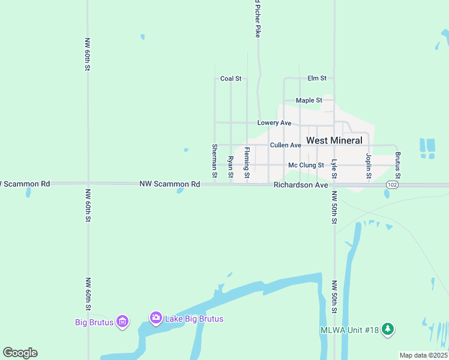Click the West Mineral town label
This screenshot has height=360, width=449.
[x=334, y=140]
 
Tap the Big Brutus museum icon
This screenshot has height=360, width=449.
[x=123, y=322]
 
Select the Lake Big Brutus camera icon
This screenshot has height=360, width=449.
[x=155, y=318]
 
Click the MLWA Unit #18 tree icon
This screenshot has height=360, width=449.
[x=388, y=329]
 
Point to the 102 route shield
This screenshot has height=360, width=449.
[x=392, y=185]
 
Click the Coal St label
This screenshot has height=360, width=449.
[x=231, y=79]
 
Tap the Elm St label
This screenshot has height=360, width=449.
[x=317, y=79]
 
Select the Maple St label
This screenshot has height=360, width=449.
[x=309, y=100]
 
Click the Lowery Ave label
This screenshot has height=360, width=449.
[x=274, y=123]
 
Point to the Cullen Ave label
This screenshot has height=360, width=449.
[x=285, y=145]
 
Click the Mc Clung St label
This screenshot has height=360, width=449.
[x=306, y=165]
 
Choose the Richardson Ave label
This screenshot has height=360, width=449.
[x=301, y=185]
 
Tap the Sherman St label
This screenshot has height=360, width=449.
[x=214, y=161]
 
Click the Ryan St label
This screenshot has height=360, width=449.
[x=231, y=167]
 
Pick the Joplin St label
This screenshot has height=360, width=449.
[x=369, y=166]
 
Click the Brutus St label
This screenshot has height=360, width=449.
[x=397, y=166]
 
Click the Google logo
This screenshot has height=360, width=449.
[x=20, y=353]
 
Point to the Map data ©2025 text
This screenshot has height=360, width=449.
[x=423, y=355]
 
